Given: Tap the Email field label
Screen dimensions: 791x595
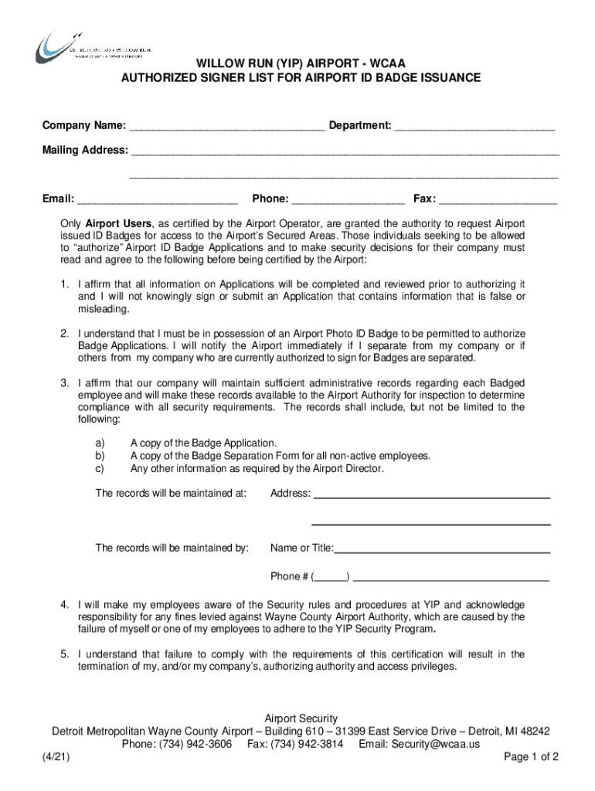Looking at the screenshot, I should tap(58, 199).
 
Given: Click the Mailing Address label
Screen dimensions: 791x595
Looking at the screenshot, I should tap(85, 150).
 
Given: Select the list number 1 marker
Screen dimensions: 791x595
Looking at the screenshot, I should tap(66, 284).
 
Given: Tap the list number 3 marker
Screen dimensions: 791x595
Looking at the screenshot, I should tap(66, 383).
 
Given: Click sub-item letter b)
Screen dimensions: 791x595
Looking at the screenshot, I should tap(100, 456).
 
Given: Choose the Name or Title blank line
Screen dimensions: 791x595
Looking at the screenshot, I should tap(441, 549).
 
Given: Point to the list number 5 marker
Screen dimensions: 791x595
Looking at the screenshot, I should tap(66, 654).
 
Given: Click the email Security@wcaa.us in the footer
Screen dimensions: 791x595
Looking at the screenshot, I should tap(436, 744).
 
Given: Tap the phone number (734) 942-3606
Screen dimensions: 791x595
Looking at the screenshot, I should tap(195, 744).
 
